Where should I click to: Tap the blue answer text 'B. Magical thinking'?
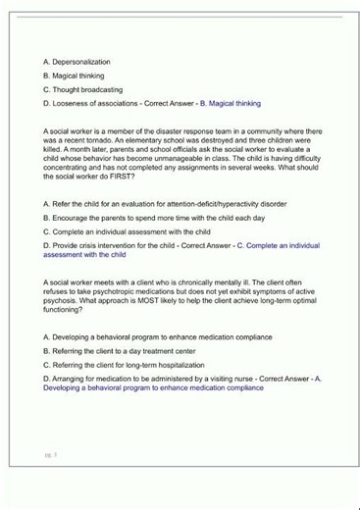(231, 103)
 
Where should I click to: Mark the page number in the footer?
(51, 455)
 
